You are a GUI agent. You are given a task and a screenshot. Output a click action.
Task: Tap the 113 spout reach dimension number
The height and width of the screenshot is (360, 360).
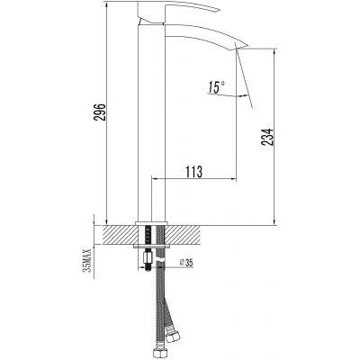[192, 171]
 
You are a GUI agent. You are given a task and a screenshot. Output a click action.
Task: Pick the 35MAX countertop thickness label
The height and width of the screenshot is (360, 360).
[87, 256]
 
